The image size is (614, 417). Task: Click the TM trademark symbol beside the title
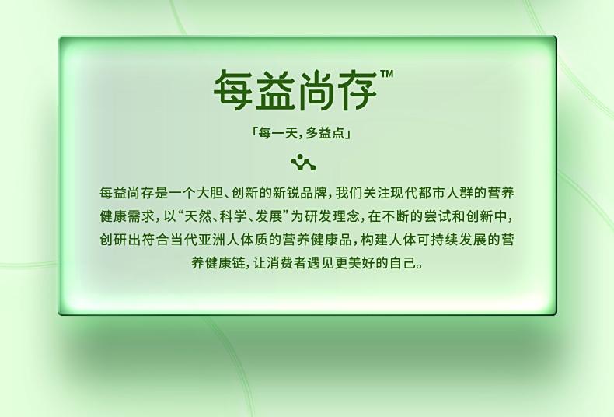click(386, 74)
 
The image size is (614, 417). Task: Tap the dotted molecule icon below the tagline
click(303, 163)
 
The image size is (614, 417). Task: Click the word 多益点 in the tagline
click(325, 134)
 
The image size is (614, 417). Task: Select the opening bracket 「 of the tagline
click(254, 131)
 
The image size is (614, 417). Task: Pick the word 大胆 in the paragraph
click(211, 193)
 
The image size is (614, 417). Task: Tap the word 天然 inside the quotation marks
click(197, 216)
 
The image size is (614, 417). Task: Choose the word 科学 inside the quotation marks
click(233, 216)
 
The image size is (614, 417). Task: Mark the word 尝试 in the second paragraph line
click(438, 216)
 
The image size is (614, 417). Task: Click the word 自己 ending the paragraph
click(403, 263)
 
